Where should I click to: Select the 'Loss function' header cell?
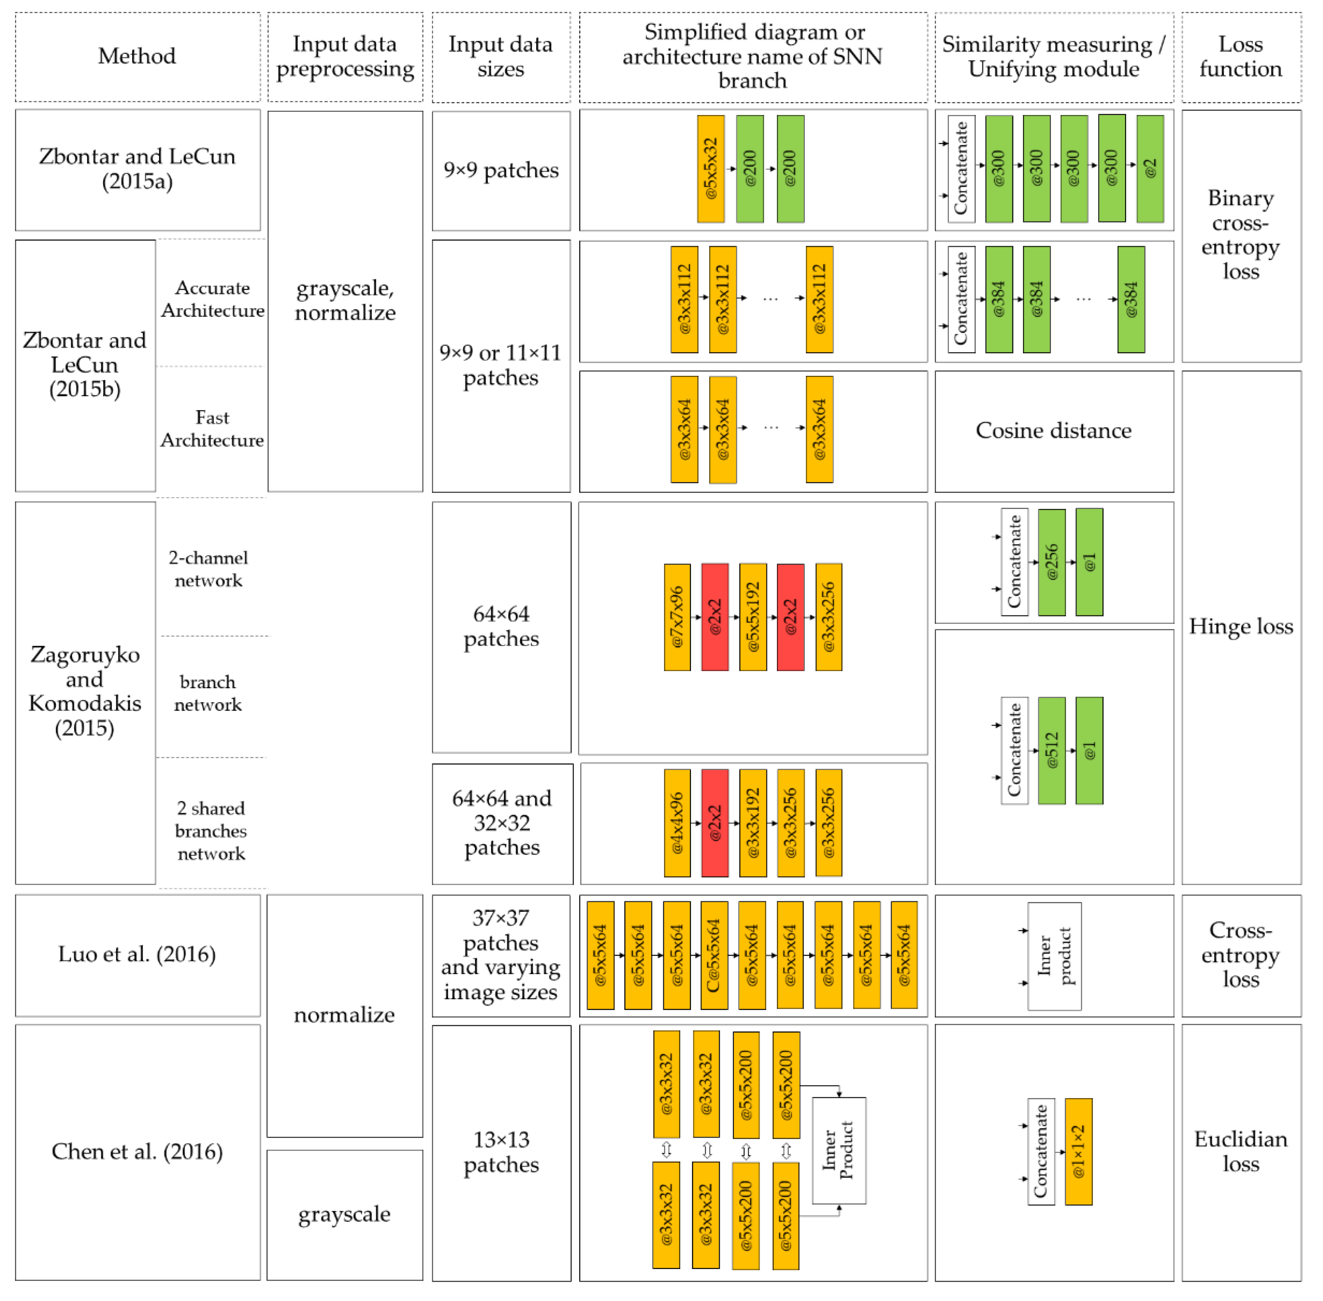[x=1240, y=56]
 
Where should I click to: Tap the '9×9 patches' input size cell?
[x=500, y=170]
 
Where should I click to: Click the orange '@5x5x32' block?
[x=710, y=168]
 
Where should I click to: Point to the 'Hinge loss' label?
[x=1240, y=627]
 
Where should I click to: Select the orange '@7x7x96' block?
[x=677, y=616]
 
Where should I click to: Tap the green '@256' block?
[x=1051, y=562]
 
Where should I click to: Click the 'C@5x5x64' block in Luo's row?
[x=714, y=954]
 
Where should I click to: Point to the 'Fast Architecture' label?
[x=212, y=429]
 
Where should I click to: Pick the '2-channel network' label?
[x=208, y=568]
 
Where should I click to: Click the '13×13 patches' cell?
[x=500, y=1152]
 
